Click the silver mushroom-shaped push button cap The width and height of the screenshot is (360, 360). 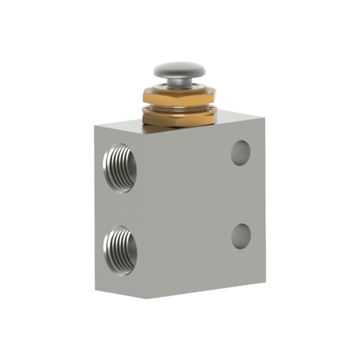pos(180,70)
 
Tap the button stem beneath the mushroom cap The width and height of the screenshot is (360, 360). pos(180,83)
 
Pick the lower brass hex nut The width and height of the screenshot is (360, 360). pos(180,116)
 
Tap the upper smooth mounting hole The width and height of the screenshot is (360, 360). pos(241,153)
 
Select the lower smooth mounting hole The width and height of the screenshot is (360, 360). pos(241,236)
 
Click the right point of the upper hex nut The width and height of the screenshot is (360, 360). pos(216,96)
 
